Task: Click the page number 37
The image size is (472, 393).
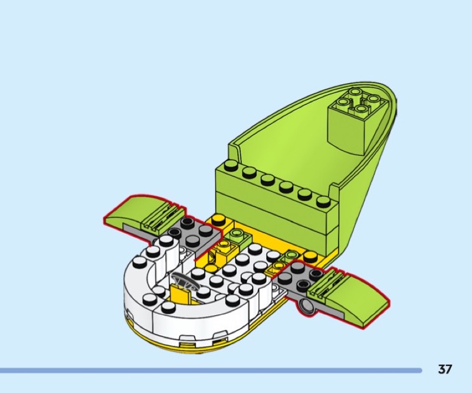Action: (445, 369)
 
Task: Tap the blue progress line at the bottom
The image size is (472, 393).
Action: (211, 371)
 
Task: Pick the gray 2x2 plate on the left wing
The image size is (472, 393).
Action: (196, 234)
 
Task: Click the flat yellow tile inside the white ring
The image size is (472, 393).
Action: (180, 293)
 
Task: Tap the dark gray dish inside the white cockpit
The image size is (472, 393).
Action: (184, 280)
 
